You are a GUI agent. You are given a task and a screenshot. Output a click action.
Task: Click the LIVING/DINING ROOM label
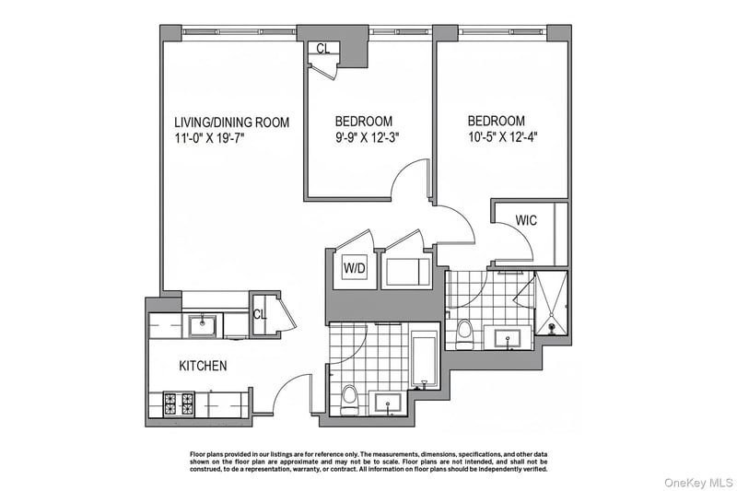(232, 123)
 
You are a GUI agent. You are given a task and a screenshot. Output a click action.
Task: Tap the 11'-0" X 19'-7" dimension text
(210, 138)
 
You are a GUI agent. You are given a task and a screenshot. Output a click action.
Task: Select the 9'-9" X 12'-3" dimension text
(367, 137)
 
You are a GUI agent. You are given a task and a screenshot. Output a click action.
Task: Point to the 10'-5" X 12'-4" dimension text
(502, 137)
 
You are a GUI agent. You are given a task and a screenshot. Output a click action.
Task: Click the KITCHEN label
(203, 366)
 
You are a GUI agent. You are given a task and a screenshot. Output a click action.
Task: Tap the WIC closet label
(526, 220)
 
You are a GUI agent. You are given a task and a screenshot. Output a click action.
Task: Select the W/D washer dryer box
(355, 268)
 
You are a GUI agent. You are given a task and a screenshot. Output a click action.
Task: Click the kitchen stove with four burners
(179, 403)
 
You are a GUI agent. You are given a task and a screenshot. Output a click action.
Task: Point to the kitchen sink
(203, 325)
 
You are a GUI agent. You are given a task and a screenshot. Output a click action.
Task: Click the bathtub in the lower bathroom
(425, 360)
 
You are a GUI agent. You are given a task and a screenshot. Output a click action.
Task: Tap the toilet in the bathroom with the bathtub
(349, 399)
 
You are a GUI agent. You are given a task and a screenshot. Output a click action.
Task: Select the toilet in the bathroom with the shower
(464, 333)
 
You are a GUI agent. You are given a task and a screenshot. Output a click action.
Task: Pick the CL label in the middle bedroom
(323, 49)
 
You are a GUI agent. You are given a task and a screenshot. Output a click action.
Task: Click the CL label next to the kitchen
(260, 314)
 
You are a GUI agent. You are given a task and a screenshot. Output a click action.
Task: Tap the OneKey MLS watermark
(698, 482)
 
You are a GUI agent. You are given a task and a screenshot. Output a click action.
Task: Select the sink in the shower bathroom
(508, 338)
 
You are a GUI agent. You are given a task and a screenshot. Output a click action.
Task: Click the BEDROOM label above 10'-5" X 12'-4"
(497, 121)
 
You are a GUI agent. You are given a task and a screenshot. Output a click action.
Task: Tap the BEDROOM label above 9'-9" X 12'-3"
(364, 122)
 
